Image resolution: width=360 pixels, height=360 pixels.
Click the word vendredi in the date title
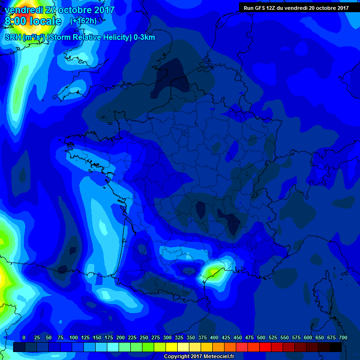[x=22, y=9]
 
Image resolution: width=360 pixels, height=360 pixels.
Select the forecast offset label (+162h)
[x=83, y=21]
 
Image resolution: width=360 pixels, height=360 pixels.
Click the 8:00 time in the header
[x=15, y=21]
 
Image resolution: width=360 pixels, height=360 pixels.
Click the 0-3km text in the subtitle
[x=144, y=37]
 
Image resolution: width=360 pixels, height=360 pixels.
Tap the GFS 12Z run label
[x=262, y=7]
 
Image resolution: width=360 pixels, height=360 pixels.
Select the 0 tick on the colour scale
[x=24, y=337]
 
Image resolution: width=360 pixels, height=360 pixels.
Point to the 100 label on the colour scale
[x=74, y=337]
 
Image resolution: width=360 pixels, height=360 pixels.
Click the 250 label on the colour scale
[x=144, y=337]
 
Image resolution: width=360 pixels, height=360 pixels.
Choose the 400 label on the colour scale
[x=214, y=337]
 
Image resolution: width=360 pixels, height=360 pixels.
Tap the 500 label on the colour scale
[x=261, y=337]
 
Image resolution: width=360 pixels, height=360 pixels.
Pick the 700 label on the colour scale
[x=343, y=337]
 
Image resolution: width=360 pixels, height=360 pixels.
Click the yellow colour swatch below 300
[x=172, y=347]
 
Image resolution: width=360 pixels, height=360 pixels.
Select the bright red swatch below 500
[x=265, y=347]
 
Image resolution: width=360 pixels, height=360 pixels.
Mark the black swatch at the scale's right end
[x=336, y=347]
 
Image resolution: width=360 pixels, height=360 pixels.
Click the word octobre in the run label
[x=325, y=7]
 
